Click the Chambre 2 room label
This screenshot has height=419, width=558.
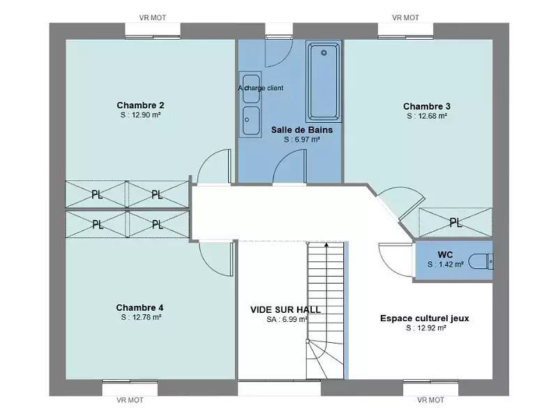(x=140, y=105)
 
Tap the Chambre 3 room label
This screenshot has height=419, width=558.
(x=426, y=107)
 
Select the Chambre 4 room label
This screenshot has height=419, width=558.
(x=139, y=307)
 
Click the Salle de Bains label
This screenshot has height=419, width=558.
(x=301, y=130)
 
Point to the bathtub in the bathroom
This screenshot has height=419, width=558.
(x=323, y=82)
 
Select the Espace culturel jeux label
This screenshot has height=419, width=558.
(x=424, y=318)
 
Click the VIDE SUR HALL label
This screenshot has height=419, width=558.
(x=286, y=309)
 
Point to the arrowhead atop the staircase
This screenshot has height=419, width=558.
(x=326, y=244)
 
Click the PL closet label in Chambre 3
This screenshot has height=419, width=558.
(x=455, y=223)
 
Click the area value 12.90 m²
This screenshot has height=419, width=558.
(x=140, y=116)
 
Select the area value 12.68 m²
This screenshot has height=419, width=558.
(x=426, y=117)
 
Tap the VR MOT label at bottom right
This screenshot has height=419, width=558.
(x=430, y=400)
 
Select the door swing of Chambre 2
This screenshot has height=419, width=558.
(x=213, y=168)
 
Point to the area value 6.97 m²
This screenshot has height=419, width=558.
(x=301, y=140)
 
